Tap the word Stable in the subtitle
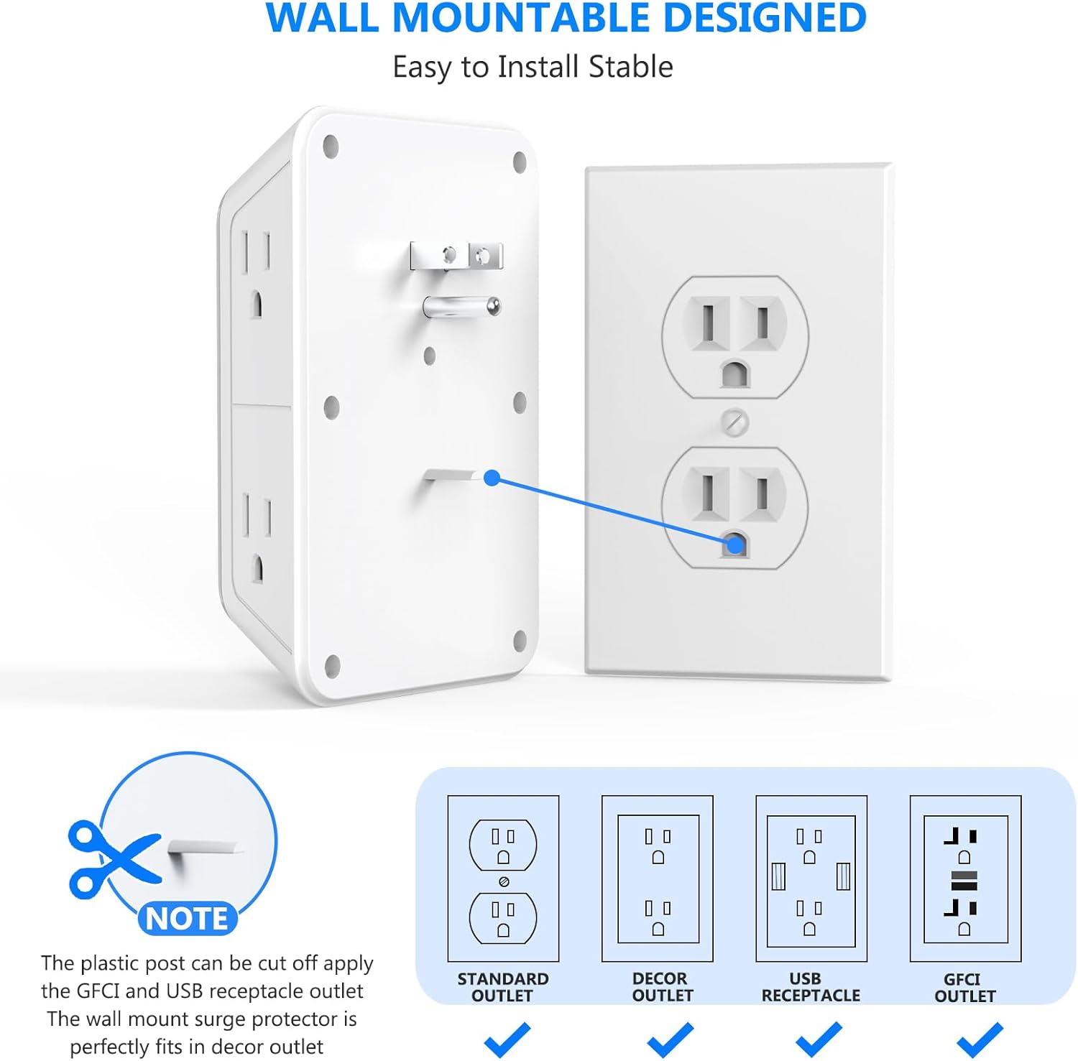tap(630, 67)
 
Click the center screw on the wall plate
tap(734, 422)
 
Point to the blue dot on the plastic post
tap(492, 478)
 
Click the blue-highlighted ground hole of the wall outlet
tap(734, 545)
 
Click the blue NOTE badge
tap(187, 918)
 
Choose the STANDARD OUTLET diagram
tap(503, 878)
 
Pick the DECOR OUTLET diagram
tap(658, 878)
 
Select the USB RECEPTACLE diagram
tap(811, 878)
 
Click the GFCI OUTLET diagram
tap(965, 878)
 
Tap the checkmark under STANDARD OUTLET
tap(507, 1039)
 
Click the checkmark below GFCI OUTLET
tap(980, 1039)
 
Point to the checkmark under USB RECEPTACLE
tap(819, 1039)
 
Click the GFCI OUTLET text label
tap(964, 987)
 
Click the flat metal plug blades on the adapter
tap(456, 256)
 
